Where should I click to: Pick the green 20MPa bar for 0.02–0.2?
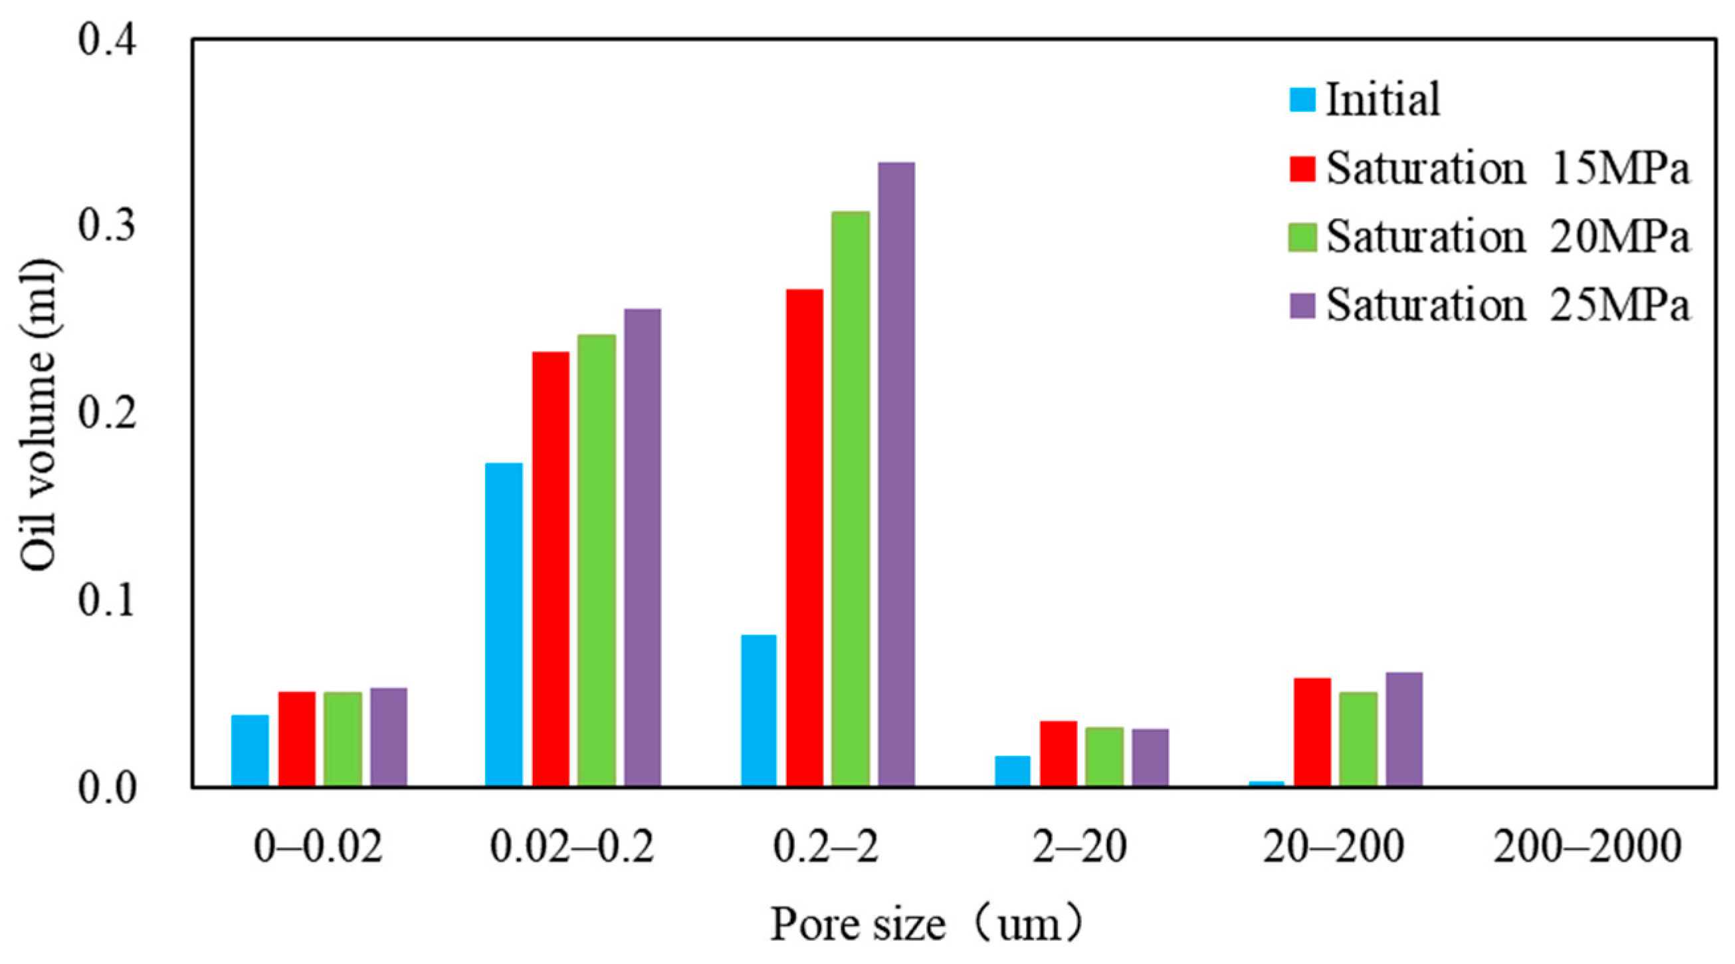tap(597, 560)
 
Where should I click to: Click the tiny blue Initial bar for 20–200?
tap(1267, 783)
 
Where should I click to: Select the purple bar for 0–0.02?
tap(389, 737)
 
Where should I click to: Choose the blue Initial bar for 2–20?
tap(1012, 771)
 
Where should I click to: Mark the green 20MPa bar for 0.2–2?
tap(850, 499)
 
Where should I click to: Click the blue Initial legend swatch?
tap(1302, 100)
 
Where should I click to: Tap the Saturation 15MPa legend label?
tap(1507, 168)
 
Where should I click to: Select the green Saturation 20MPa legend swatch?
tap(1302, 237)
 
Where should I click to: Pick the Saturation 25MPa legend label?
tap(1507, 305)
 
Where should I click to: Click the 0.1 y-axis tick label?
tap(108, 601)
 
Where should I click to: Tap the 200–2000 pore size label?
tap(1587, 847)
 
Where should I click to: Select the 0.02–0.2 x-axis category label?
tap(572, 847)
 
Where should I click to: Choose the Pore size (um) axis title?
tap(926, 924)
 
